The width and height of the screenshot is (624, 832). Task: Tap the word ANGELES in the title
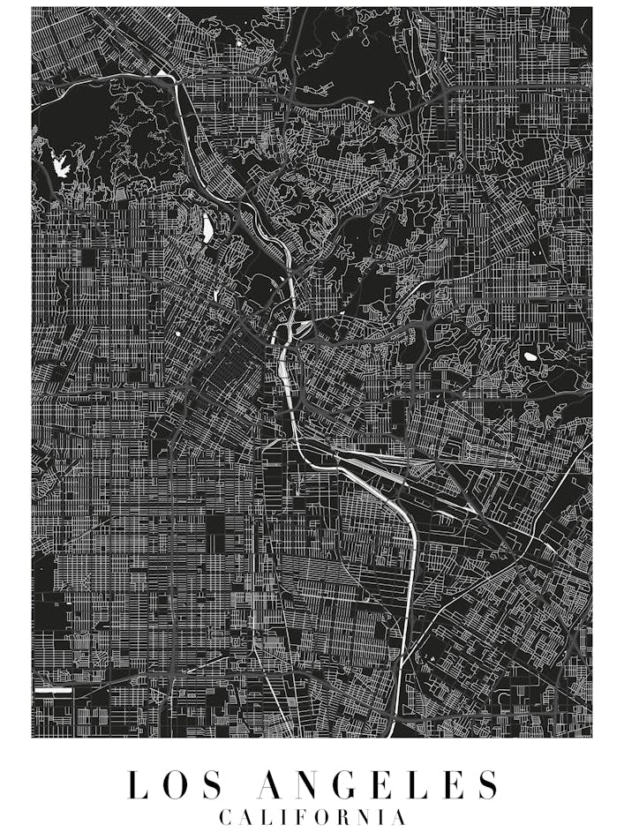(377, 784)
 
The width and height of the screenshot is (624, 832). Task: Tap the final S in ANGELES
(487, 784)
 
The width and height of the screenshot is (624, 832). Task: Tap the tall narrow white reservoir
(207, 229)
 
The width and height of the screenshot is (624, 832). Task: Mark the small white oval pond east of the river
(530, 357)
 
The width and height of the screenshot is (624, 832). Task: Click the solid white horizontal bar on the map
(53, 690)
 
